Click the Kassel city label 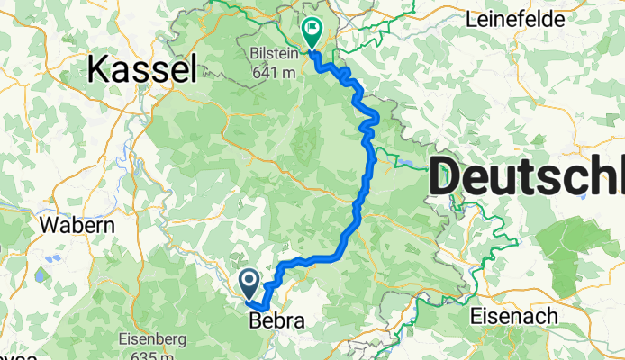(141, 68)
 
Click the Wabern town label (77, 225)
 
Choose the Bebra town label (275, 320)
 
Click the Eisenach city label (513, 316)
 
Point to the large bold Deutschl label (527, 175)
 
